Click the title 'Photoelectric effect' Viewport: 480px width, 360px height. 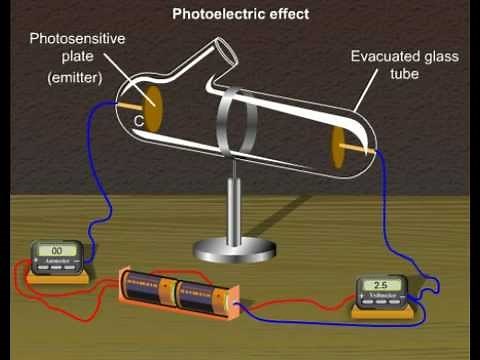click(x=240, y=15)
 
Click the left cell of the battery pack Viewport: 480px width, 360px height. click(x=149, y=289)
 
